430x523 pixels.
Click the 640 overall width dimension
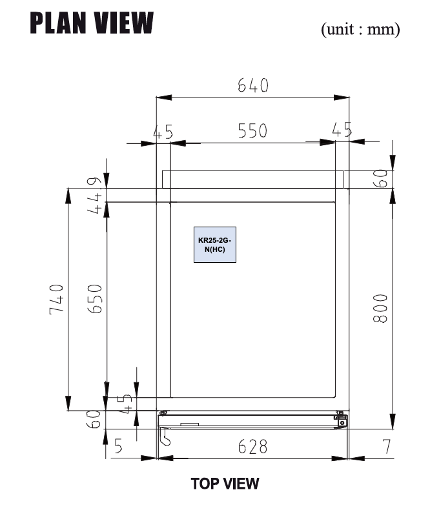(x=252, y=85)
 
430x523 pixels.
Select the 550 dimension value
(x=252, y=131)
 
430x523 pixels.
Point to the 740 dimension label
(x=57, y=298)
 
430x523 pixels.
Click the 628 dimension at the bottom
(x=252, y=447)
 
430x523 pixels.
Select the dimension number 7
(x=387, y=447)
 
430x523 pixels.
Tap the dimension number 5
(x=119, y=447)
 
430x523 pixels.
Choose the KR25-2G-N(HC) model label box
(x=216, y=245)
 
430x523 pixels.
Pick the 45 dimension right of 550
(x=342, y=130)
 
